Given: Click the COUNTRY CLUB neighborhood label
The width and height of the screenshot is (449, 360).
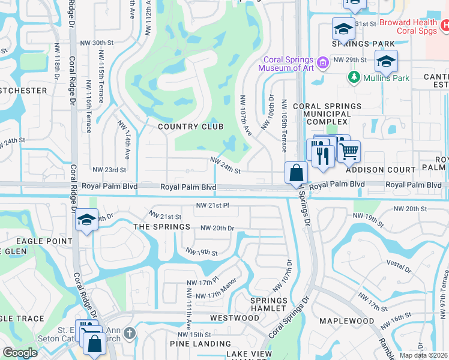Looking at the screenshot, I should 190,127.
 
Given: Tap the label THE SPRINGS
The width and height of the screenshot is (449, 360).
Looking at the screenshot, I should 161,227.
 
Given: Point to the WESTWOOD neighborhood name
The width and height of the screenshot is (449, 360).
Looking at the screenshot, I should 234,317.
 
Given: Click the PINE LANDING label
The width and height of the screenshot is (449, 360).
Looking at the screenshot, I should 196,344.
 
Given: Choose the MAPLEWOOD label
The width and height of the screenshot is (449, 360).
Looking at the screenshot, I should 346,321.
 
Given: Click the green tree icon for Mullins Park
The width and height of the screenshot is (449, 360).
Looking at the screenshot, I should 353,77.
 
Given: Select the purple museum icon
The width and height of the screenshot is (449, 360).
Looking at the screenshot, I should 323,62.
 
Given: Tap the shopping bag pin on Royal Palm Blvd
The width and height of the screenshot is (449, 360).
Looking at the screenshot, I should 297,174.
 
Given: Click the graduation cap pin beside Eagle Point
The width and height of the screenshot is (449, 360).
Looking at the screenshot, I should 86,220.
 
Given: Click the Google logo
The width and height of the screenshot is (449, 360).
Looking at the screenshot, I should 20,352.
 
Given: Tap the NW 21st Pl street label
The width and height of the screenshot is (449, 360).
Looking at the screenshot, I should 212,205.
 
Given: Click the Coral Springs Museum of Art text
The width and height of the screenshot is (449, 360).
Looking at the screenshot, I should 286,64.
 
